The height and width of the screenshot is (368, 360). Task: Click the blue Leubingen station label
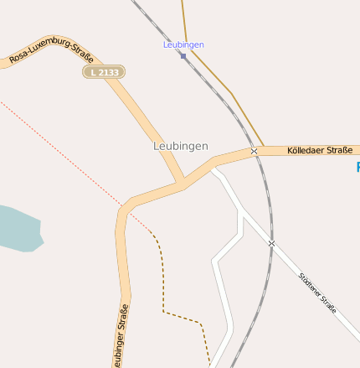183,44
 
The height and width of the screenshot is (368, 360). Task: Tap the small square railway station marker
183,56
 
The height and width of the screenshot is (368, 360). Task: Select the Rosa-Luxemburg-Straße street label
51,49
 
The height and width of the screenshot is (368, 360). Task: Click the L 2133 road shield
105,73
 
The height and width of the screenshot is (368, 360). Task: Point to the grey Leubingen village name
181,146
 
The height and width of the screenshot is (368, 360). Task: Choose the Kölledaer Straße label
319,151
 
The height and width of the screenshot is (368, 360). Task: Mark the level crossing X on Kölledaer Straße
254,151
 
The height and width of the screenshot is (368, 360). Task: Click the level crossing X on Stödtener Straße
271,243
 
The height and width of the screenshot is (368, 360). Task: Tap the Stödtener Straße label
318,293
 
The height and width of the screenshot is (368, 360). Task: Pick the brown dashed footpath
162,285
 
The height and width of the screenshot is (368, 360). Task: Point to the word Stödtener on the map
311,286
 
